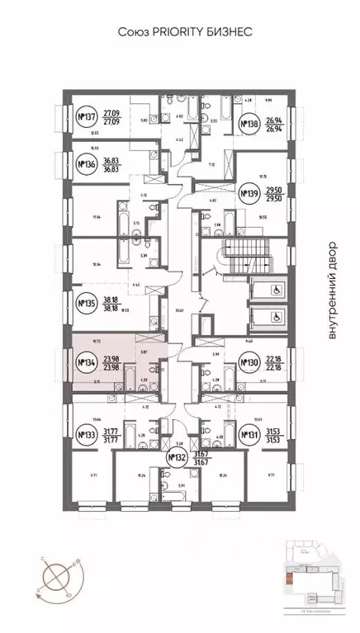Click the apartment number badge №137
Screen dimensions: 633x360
pyautogui.click(x=86, y=116)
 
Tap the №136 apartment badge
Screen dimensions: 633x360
pyautogui.click(x=86, y=163)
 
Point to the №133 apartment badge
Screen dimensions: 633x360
pyautogui.click(x=86, y=434)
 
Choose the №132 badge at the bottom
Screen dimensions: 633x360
pyautogui.click(x=174, y=459)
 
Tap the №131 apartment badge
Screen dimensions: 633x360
pyautogui.click(x=248, y=434)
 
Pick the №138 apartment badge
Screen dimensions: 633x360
pyautogui.click(x=248, y=126)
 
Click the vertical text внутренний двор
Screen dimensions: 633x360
pyautogui.click(x=333, y=290)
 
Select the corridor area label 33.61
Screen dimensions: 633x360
pyautogui.click(x=178, y=311)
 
